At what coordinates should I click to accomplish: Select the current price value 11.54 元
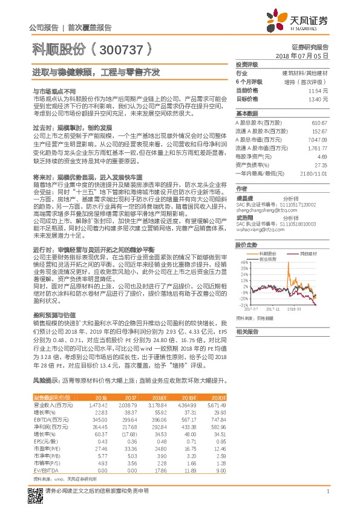click(318, 90)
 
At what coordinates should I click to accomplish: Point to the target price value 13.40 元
click(318, 98)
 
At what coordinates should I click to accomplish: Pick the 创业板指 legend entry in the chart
click(268, 259)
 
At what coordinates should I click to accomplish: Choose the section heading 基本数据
click(247, 114)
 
